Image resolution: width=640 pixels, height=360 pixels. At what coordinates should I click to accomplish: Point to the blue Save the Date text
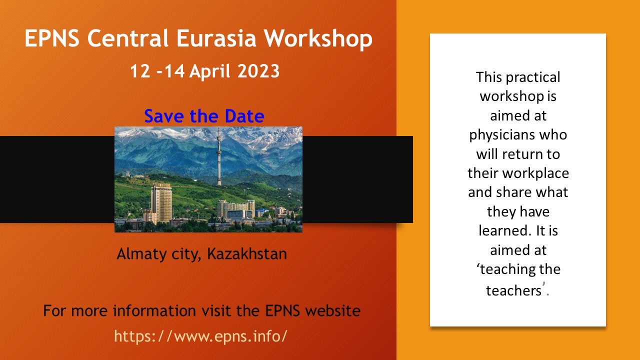(x=204, y=116)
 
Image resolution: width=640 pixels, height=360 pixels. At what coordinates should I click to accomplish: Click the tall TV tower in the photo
(x=219, y=157)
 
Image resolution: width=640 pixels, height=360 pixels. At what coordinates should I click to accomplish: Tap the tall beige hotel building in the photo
(x=161, y=202)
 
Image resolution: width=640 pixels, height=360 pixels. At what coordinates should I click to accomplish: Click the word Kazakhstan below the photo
(x=247, y=253)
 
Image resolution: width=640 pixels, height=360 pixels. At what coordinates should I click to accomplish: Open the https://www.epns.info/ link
(x=200, y=335)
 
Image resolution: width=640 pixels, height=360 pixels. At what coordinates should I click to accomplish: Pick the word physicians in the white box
(x=518, y=134)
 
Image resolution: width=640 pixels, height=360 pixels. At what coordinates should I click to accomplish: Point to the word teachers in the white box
(x=514, y=290)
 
